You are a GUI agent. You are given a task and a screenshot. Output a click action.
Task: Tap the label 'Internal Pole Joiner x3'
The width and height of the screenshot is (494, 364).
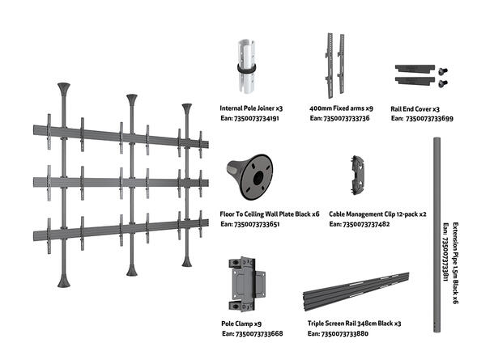(x=251, y=108)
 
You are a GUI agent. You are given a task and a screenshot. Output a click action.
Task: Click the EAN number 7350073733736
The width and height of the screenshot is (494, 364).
(x=340, y=118)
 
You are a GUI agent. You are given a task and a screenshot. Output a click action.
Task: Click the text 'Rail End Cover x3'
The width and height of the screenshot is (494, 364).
(x=415, y=108)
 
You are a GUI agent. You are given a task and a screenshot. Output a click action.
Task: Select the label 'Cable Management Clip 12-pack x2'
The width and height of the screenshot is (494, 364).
(x=377, y=214)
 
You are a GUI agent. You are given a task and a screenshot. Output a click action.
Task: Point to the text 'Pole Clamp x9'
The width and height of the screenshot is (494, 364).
(x=242, y=323)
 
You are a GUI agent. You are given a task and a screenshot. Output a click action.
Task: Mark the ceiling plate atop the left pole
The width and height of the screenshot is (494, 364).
(x=63, y=87)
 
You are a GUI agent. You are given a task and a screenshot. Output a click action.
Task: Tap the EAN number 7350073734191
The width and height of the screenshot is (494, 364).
(x=250, y=118)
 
